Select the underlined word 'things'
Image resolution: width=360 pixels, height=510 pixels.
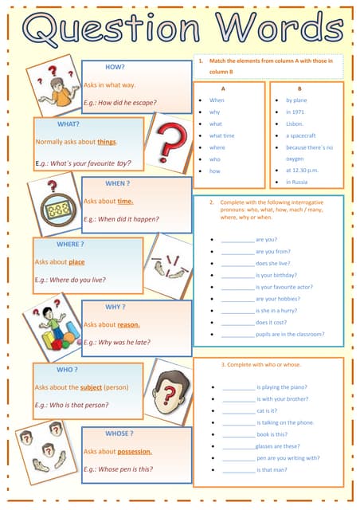pos(107,142)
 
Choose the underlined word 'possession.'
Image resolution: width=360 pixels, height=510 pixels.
pos(128,451)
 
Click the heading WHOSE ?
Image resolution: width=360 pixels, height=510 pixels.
pos(119,433)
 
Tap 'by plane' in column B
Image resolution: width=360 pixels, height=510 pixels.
pos(296,100)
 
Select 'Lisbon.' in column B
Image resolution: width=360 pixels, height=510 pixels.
pos(295,124)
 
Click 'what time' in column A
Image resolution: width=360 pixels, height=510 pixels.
pos(222,136)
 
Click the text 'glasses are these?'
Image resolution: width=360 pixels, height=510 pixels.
pos(278,446)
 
